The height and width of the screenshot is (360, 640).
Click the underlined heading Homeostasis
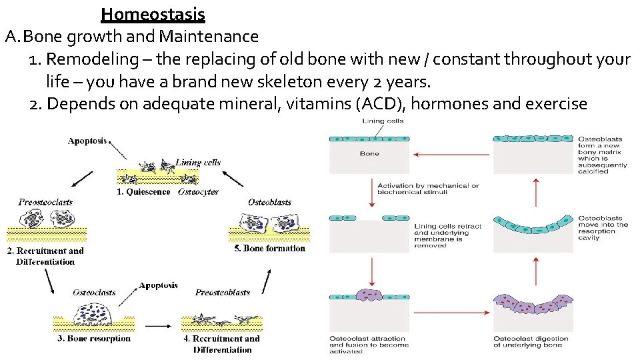[153, 13]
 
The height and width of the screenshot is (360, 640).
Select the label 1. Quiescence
[143, 191]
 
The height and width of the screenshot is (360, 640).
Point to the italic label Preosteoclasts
[45, 202]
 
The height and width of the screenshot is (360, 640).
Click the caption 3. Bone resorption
[94, 339]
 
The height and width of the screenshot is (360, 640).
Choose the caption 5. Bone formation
[270, 249]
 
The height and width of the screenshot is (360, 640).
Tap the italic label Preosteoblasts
[223, 292]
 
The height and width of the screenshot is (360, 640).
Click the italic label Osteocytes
[198, 191]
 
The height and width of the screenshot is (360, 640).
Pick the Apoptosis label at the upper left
[87, 141]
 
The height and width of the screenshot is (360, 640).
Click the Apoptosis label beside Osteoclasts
[158, 285]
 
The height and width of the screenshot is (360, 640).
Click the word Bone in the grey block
[369, 153]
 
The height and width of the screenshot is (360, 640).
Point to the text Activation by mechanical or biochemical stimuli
[428, 189]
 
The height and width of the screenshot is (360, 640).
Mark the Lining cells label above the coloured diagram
[383, 121]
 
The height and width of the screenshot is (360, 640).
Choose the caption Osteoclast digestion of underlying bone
[531, 341]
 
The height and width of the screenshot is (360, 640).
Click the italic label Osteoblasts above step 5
[269, 202]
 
